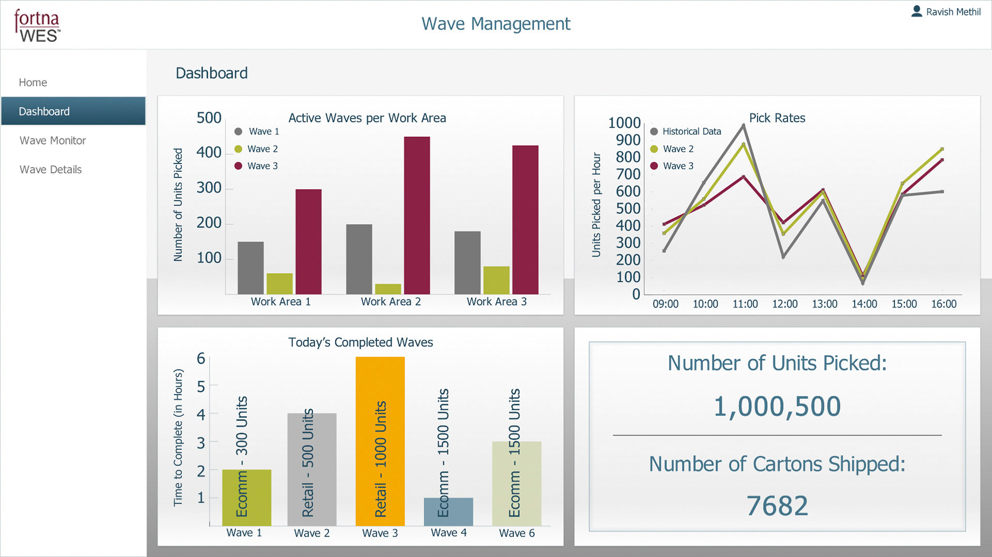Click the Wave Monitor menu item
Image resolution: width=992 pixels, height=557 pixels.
[x=53, y=140]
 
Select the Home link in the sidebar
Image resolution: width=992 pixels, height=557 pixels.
[x=33, y=83]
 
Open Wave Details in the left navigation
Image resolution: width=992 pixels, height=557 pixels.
[x=51, y=169]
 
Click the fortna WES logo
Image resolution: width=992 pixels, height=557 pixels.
[x=37, y=25]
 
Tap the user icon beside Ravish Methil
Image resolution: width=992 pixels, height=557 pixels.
[x=917, y=11]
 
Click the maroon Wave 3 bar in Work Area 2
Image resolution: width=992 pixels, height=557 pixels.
[x=417, y=215]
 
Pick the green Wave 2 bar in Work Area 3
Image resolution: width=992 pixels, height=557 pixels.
[x=496, y=280]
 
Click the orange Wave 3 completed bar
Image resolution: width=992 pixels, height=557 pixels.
[x=380, y=441]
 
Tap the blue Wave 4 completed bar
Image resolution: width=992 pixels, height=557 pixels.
[x=448, y=512]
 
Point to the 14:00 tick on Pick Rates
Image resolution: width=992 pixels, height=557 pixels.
[x=864, y=304]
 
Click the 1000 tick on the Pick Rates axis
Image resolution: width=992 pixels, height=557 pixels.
[x=624, y=123]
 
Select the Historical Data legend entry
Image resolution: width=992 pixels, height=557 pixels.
[x=691, y=132]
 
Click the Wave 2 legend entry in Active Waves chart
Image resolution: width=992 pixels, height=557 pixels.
[x=262, y=149]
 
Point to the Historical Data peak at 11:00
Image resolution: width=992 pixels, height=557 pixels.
[x=743, y=125]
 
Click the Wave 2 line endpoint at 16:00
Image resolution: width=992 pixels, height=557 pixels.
[x=942, y=149]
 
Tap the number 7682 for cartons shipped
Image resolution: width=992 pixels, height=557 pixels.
[x=777, y=505]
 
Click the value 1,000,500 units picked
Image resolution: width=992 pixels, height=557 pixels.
[x=777, y=406]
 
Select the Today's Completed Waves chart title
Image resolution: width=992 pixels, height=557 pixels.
[x=361, y=342]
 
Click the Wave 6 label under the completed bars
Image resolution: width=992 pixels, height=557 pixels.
[x=517, y=533]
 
